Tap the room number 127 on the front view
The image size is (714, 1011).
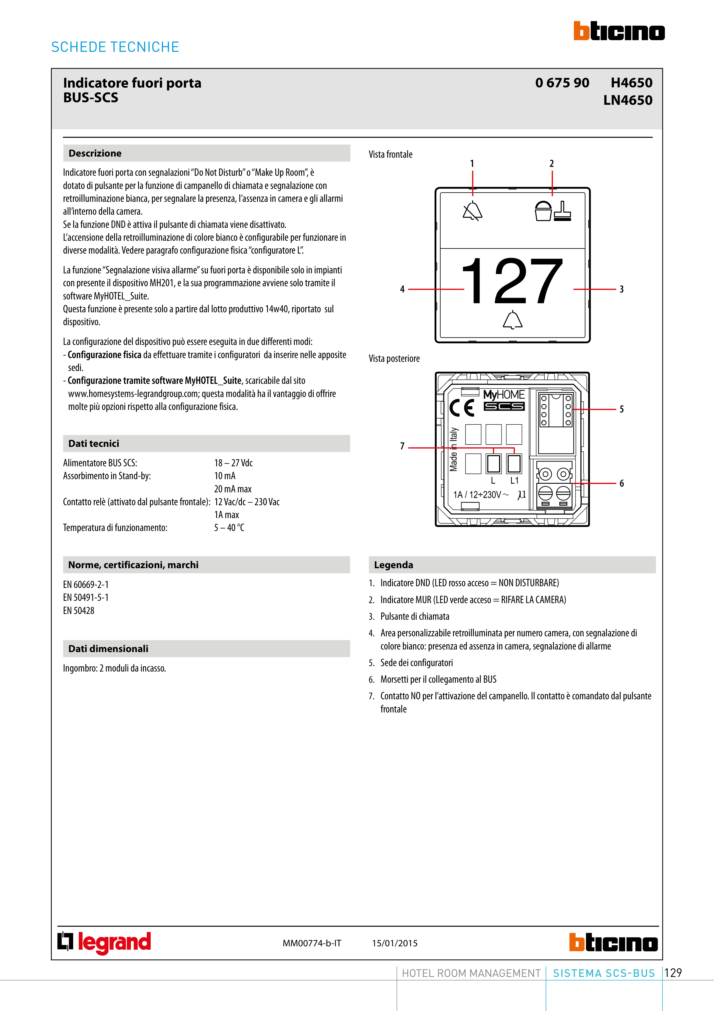coord(512,281)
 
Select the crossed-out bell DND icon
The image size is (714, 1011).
coord(472,211)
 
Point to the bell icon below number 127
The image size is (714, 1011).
coord(512,320)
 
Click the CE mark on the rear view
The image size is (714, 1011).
coord(462,408)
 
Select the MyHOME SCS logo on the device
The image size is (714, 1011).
coord(504,400)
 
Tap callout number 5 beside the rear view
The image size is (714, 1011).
coord(622,409)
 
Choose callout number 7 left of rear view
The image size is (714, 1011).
coord(402,446)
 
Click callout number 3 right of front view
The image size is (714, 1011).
coord(622,289)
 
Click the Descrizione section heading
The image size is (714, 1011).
coord(95,153)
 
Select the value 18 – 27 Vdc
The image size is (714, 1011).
coord(233,463)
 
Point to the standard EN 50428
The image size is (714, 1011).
coord(79,611)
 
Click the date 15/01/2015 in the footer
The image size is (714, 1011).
coord(395,943)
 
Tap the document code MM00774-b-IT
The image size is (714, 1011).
coord(312,943)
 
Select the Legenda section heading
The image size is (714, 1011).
coord(393,565)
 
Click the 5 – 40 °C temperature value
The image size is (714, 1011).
coord(229,528)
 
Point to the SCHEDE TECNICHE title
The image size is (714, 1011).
coord(115,47)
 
